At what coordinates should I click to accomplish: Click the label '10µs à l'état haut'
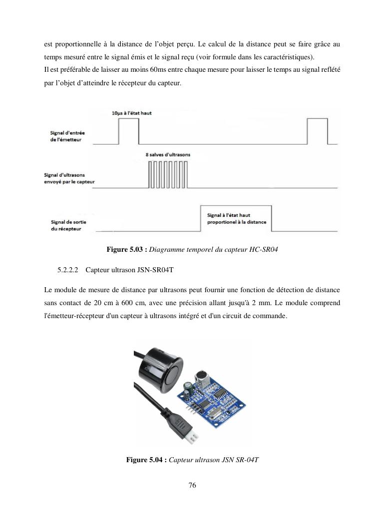pyautogui.click(x=132, y=113)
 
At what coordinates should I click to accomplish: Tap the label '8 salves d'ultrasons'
pyautogui.click(x=168, y=155)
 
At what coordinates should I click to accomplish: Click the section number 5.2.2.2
pyautogui.click(x=68, y=270)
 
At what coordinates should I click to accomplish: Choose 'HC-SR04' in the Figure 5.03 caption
pyautogui.click(x=263, y=249)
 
